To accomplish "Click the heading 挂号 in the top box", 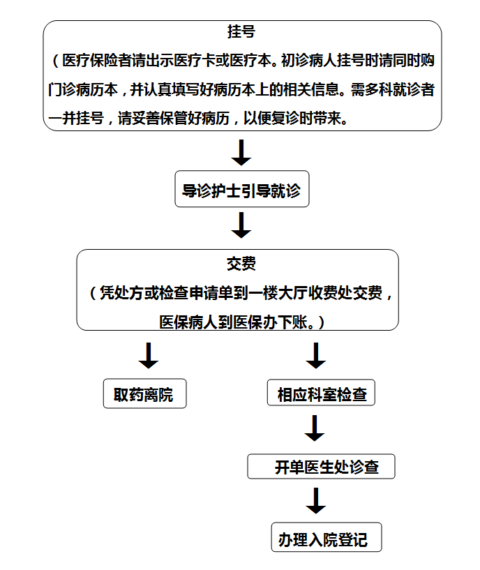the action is [x=241, y=31].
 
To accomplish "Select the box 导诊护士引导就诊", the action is [x=242, y=189].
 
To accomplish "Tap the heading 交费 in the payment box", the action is [x=241, y=264].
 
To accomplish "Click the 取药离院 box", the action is [x=144, y=393].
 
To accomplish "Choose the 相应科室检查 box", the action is [x=321, y=393].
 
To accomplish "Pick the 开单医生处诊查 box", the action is [x=321, y=467].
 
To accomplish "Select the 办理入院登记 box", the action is [x=327, y=537].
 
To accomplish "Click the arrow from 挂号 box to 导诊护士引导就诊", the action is [x=241, y=153].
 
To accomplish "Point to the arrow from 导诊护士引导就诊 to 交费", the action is [x=241, y=225].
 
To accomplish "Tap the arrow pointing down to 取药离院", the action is [x=149, y=356].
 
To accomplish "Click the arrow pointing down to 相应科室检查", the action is [x=315, y=356].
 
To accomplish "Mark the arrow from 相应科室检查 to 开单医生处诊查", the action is [x=315, y=428].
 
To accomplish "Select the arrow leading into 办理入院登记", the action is [x=315, y=500].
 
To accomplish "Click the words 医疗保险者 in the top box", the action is [x=97, y=61].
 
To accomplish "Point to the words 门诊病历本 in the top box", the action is [x=83, y=89].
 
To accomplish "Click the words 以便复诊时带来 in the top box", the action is [x=293, y=118].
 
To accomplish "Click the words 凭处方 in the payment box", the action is [x=121, y=293].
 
